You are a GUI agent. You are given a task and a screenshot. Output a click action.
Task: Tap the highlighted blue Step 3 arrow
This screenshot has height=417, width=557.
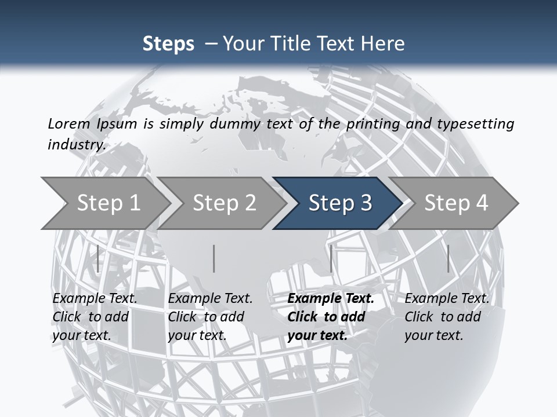tap(340, 203)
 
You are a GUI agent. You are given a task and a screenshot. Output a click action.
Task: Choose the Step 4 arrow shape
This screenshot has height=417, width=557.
tap(456, 203)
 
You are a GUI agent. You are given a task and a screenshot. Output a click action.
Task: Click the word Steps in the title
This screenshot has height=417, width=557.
tap(168, 44)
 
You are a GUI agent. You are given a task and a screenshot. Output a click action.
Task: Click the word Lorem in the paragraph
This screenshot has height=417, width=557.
tap(70, 123)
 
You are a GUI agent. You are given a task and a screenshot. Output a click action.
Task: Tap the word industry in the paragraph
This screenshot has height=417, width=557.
tap(77, 144)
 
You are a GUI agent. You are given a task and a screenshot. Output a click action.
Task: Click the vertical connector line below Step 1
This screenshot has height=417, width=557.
tap(98, 258)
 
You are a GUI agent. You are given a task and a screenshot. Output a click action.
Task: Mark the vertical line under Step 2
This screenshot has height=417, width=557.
tap(214, 258)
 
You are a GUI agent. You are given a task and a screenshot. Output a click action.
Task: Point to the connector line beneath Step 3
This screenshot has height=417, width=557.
tap(331, 258)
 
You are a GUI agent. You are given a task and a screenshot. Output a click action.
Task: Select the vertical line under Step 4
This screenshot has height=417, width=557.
tap(448, 258)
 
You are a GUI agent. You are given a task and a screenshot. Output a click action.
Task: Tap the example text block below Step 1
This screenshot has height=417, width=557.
tap(95, 317)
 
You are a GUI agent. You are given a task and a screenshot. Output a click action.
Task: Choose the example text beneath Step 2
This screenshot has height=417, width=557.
tap(210, 317)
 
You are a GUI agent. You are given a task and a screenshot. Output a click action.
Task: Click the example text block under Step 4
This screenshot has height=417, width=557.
tap(447, 317)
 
